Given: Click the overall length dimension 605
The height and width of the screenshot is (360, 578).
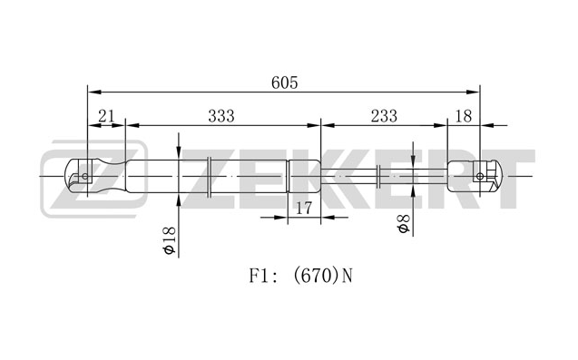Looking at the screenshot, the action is (x=284, y=83).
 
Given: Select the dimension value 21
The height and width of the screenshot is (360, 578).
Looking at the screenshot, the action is (x=106, y=116).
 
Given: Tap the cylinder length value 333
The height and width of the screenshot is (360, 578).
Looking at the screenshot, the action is (x=221, y=116).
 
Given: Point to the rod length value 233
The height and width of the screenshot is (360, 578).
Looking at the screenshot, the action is (x=384, y=116).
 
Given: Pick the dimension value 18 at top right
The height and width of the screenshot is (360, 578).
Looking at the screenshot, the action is (x=464, y=116).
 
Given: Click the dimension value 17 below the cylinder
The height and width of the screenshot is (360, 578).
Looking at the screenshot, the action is (x=304, y=209).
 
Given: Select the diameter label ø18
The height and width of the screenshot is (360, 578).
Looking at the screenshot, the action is (x=169, y=240).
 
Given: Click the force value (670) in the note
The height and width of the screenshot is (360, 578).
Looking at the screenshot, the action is (x=316, y=276).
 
